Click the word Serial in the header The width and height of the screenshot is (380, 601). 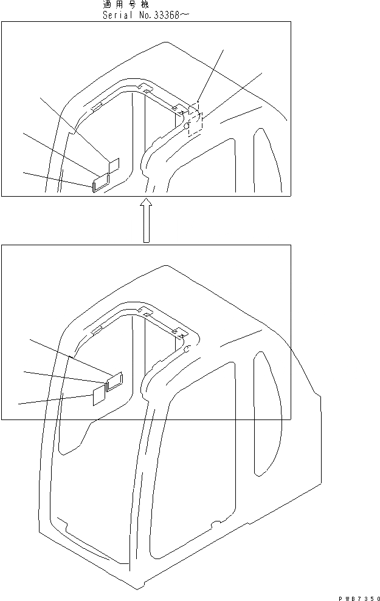click(x=118, y=15)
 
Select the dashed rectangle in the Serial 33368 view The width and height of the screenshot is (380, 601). click(x=195, y=118)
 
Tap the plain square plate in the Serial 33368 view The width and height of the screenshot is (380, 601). click(x=114, y=166)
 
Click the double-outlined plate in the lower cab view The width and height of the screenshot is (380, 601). click(x=114, y=381)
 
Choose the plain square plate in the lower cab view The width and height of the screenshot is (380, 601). click(x=98, y=396)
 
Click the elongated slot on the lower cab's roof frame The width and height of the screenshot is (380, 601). click(x=95, y=331)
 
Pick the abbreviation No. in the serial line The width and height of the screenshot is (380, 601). click(x=143, y=15)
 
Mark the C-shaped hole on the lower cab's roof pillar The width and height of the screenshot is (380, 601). click(x=187, y=349)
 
